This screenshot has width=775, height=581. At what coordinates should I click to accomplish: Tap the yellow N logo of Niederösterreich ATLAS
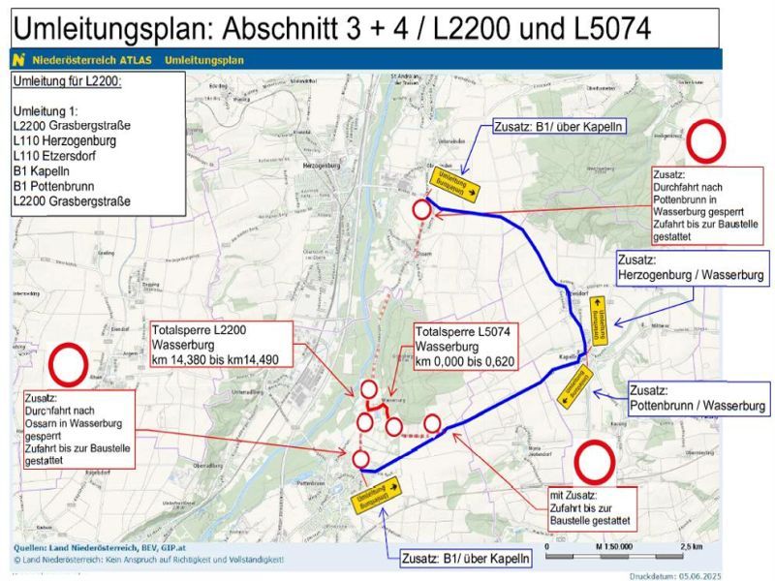(18, 60)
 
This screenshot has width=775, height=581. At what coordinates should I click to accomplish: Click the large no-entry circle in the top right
(706, 141)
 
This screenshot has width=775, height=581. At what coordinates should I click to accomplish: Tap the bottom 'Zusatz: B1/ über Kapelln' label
(465, 559)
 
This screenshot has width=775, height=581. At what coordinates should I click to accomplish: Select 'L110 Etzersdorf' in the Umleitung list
(60, 155)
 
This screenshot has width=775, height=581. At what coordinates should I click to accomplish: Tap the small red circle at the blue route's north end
(421, 209)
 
